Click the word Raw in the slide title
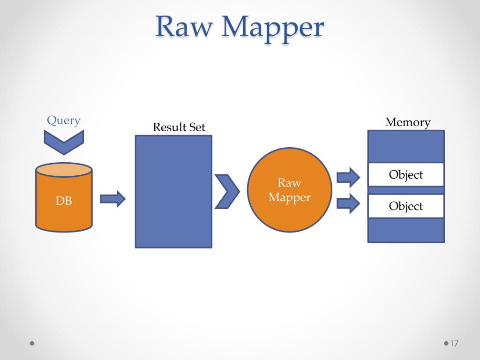click(184, 27)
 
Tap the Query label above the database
click(64, 120)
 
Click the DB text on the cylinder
click(64, 201)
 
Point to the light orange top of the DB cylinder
click(64, 170)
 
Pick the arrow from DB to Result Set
click(112, 199)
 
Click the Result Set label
click(179, 127)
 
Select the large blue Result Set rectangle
click(173, 192)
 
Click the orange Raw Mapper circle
click(290, 190)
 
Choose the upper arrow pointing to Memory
click(348, 178)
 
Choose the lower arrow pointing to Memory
click(348, 203)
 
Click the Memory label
click(408, 122)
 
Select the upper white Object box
click(406, 174)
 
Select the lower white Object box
click(406, 206)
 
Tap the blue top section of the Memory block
click(406, 147)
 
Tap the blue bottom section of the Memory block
click(406, 230)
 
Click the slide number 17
click(454, 344)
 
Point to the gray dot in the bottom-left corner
click(32, 344)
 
